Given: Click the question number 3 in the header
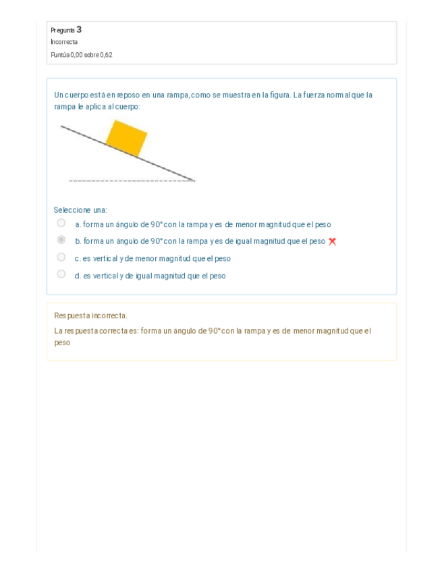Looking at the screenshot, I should click(x=79, y=29).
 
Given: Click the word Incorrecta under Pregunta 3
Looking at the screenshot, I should click(x=64, y=42).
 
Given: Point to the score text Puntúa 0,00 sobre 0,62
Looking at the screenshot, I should click(x=81, y=54).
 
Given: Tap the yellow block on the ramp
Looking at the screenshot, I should click(x=128, y=137).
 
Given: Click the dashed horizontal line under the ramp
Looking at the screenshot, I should click(x=128, y=181).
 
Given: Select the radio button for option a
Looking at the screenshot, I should click(x=61, y=223).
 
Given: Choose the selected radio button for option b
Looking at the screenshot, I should click(x=61, y=240).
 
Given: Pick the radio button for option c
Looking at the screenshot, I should click(x=61, y=257).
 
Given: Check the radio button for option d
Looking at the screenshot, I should click(x=61, y=274).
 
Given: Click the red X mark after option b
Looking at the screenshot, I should click(x=332, y=241).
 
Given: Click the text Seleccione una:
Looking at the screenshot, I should click(x=80, y=210).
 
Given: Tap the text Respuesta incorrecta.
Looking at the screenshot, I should click(x=90, y=316).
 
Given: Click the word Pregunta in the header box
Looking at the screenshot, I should click(x=62, y=30).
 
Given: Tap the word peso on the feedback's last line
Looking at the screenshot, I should click(x=62, y=343).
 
